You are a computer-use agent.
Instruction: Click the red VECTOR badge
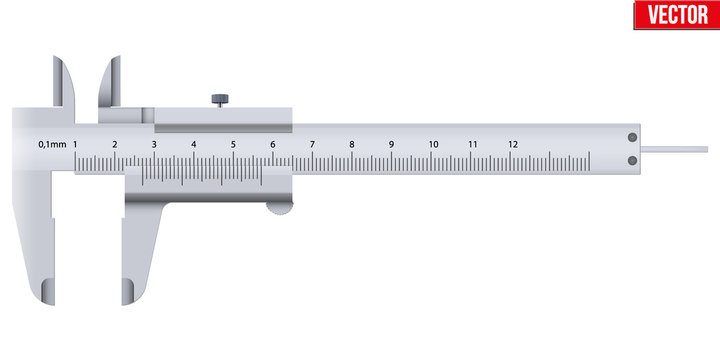[675, 14]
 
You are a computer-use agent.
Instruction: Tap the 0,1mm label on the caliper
[52, 145]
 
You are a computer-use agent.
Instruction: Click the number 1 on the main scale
[76, 145]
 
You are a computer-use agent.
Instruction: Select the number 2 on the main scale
[115, 145]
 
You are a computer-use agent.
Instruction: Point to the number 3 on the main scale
[154, 145]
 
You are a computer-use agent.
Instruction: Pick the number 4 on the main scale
[194, 145]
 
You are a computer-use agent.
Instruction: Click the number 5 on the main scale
[233, 145]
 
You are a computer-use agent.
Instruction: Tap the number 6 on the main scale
[273, 145]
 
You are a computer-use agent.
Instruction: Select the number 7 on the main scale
[312, 145]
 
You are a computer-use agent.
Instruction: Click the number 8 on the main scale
[352, 145]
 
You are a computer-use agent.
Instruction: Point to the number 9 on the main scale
[391, 145]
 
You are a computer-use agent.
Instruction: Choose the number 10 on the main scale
[432, 145]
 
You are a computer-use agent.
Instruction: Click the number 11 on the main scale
[472, 145]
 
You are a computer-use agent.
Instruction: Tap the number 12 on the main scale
[512, 145]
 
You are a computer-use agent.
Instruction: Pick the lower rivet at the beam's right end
[631, 160]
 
